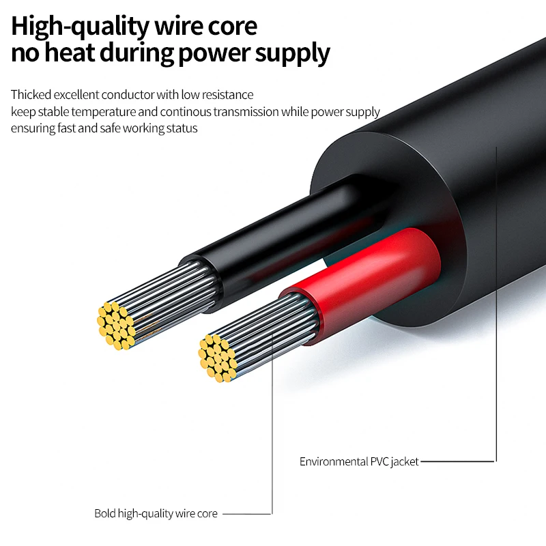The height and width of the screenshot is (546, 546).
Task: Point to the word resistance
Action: [x=227, y=95]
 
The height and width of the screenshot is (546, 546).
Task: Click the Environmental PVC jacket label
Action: [x=359, y=462]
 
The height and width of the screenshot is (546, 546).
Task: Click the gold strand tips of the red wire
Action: [x=217, y=358]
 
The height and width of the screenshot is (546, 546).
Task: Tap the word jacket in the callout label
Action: [x=404, y=462]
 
